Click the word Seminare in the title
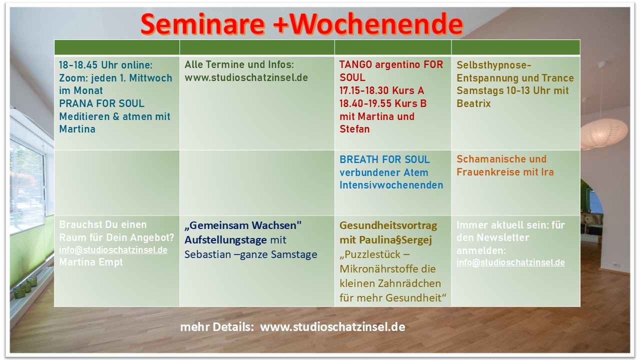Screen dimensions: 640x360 point(203,24)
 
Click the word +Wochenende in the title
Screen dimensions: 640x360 point(368,24)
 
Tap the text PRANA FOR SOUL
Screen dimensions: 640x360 point(101,103)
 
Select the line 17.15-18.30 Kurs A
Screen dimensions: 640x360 point(381,90)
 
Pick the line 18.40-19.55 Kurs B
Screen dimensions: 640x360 point(383,103)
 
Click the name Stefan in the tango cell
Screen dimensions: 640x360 point(354,129)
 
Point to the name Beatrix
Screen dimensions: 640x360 point(473,103)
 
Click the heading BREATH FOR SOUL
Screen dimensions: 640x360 point(384,159)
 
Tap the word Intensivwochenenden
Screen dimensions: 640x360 point(391,185)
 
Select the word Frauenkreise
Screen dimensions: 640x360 point(489,172)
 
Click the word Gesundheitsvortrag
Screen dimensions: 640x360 point(388,225)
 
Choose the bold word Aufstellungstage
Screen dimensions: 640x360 point(225,240)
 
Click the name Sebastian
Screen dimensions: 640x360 point(207,254)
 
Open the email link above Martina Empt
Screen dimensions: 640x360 point(113,250)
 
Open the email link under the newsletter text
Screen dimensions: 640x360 point(510,262)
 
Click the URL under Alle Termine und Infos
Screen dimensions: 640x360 point(246,77)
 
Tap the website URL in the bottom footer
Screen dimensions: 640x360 point(332,327)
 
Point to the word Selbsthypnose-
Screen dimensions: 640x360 point(493,65)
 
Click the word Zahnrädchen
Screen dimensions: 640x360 point(409,283)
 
